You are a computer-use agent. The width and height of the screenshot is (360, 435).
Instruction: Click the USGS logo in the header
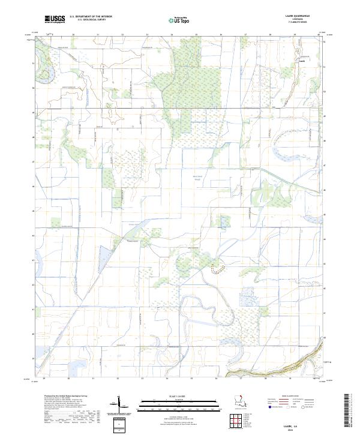(x=55, y=19)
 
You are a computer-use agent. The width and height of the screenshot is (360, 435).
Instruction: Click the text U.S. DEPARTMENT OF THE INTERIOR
(x=91, y=17)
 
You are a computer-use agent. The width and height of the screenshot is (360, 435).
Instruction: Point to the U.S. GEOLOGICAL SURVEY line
(x=91, y=20)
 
